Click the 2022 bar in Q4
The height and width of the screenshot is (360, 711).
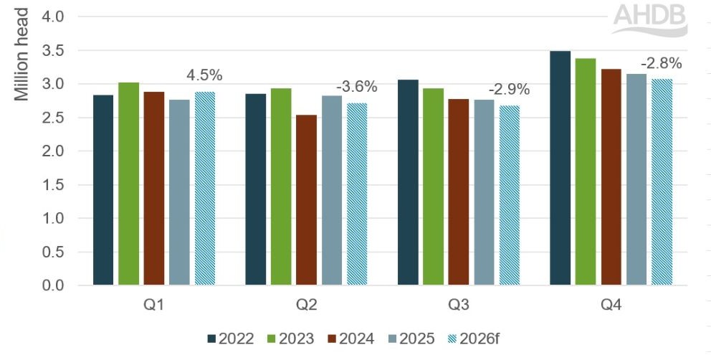[560, 169]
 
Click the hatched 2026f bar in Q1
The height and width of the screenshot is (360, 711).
[205, 189]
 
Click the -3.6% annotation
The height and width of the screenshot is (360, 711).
[357, 87]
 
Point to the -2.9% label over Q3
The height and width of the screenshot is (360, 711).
[509, 90]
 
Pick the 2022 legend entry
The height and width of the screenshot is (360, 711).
[230, 338]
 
